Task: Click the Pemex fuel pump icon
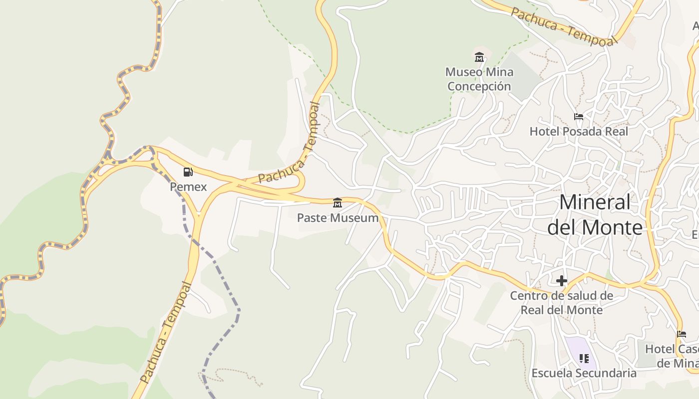188,172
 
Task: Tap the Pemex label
188,187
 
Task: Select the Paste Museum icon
338,202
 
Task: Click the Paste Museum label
338,218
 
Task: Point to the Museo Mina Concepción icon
479,57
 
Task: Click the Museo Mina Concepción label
479,79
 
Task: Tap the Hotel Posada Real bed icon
579,117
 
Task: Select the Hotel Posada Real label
579,131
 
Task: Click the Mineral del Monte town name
595,214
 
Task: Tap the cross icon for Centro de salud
562,281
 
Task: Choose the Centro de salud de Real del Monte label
562,303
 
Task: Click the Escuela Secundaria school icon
584,358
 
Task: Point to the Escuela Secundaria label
584,373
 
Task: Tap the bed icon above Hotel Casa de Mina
682,334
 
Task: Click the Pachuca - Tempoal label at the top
564,27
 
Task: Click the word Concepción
479,86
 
